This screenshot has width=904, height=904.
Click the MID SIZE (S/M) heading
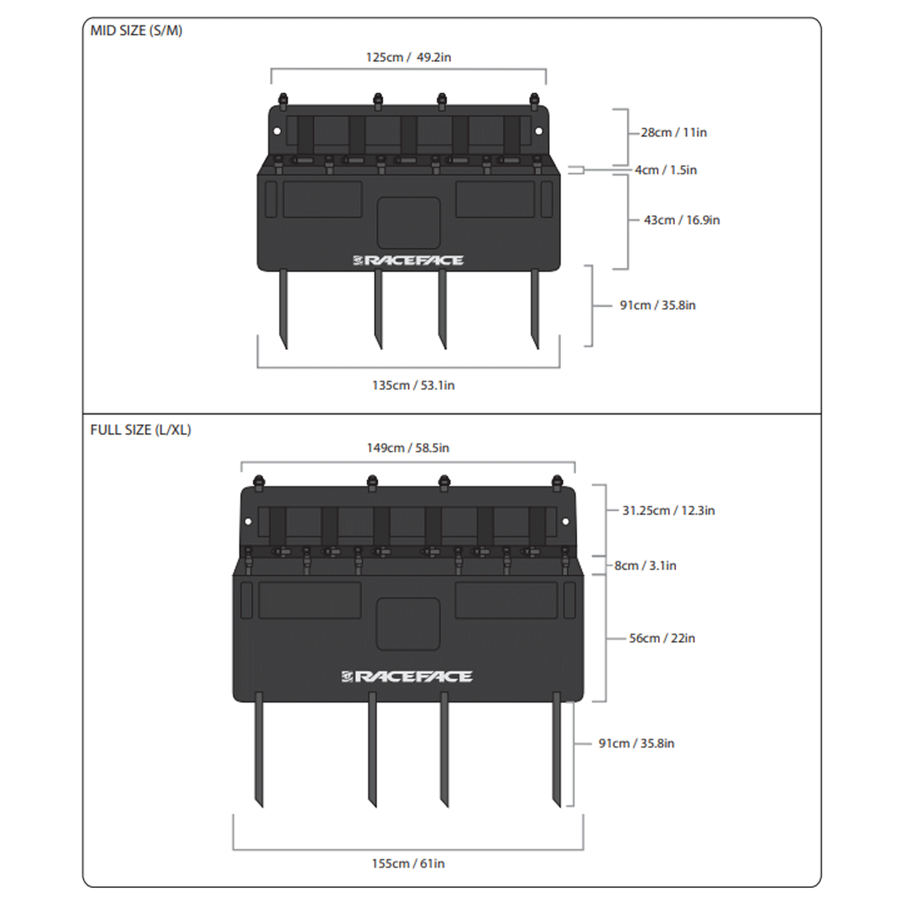click(x=136, y=31)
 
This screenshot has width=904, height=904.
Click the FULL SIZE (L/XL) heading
click(x=140, y=430)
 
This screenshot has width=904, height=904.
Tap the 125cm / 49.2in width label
click(x=409, y=57)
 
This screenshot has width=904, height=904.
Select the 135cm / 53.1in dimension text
click(x=413, y=385)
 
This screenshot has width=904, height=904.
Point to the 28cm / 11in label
click(x=674, y=133)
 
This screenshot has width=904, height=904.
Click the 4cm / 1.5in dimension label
click(x=666, y=170)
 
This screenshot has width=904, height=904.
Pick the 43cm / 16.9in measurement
click(x=682, y=220)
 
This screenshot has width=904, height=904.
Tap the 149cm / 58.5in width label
click(x=408, y=448)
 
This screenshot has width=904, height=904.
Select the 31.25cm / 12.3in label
click(x=668, y=510)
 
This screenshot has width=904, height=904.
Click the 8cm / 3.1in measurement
click(x=645, y=565)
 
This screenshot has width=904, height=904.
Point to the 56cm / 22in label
click(x=662, y=638)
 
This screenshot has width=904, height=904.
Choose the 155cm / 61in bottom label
click(x=408, y=864)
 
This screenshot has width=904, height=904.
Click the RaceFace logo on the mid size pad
click(x=408, y=260)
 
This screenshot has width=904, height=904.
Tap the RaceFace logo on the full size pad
click(x=407, y=677)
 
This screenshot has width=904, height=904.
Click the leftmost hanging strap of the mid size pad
click(x=283, y=309)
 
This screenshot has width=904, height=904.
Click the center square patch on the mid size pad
click(x=409, y=222)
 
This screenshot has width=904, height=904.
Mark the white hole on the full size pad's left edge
click(x=248, y=522)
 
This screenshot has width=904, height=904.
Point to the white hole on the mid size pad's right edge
click(x=539, y=131)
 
